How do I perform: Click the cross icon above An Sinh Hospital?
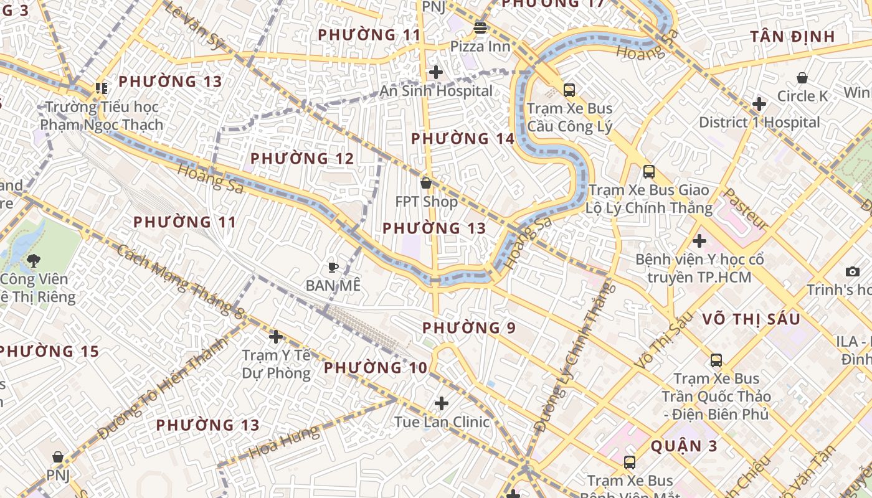point(436,72)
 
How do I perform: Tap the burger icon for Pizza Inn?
point(480,27)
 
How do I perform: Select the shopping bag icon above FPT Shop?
point(426,183)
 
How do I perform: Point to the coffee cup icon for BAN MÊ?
point(333,268)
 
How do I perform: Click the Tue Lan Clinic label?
point(442,422)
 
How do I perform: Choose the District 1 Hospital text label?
point(759,122)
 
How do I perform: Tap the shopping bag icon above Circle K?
point(802,78)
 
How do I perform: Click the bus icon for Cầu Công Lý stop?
point(569,90)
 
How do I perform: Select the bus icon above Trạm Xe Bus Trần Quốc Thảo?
point(716,360)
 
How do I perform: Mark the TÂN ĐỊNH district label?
point(792,36)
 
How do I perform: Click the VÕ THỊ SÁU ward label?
point(751,319)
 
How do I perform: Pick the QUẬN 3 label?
point(684,446)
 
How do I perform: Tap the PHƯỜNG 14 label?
point(463,139)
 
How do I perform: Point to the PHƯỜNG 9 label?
point(469,327)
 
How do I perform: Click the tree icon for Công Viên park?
point(34,261)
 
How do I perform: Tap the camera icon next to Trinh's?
point(853,271)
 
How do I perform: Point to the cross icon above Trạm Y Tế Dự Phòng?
point(275,337)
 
